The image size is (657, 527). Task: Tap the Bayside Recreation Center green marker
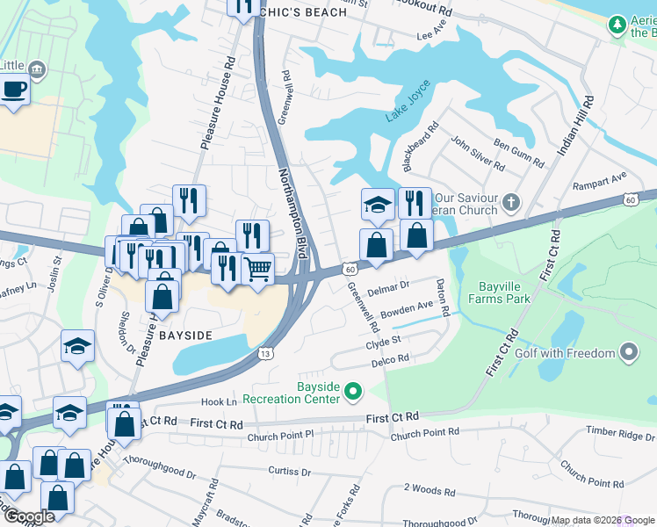point(353,390)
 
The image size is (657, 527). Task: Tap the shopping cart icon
point(257,269)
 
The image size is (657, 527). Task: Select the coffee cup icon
point(14,90)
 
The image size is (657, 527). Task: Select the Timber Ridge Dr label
point(617,433)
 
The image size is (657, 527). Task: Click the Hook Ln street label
point(220,401)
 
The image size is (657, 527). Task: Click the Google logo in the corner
point(30,516)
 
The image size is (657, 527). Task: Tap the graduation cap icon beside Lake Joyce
point(378,205)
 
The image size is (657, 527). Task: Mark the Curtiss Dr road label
point(286,472)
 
